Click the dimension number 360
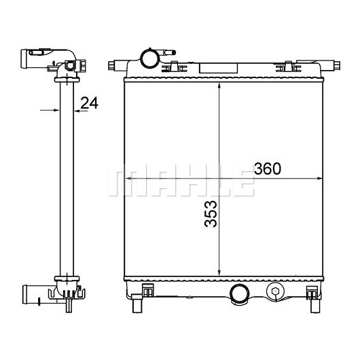pos(267,168)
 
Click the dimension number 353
pos(211,214)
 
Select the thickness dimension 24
pos(90,103)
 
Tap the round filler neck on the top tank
pos(149,58)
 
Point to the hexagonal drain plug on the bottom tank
pos(275,291)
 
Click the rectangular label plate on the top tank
pos(218,68)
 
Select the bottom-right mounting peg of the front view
pos(315,305)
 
